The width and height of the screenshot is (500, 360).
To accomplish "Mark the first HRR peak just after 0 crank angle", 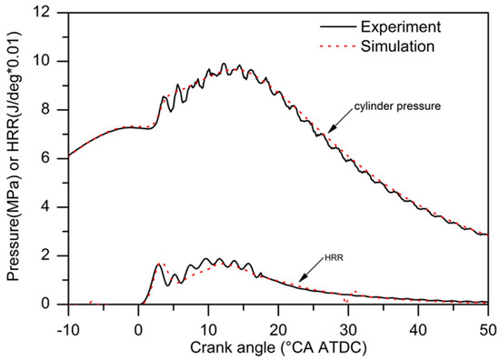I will click(x=159, y=264).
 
